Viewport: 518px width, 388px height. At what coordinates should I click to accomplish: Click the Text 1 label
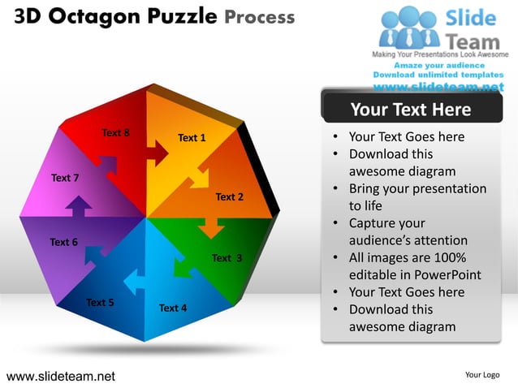(x=192, y=138)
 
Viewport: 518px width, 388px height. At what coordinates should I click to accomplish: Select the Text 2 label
(x=229, y=196)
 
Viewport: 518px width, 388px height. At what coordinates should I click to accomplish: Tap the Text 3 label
(x=227, y=258)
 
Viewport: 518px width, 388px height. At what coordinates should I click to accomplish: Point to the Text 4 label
(x=173, y=308)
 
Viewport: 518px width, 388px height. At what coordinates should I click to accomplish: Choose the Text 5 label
(x=100, y=303)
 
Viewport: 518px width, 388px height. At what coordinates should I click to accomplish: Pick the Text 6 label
(x=64, y=242)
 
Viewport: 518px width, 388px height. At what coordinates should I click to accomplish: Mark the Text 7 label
(x=65, y=177)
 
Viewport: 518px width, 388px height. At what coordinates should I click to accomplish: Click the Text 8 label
(x=115, y=131)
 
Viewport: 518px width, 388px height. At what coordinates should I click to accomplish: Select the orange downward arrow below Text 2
(x=211, y=227)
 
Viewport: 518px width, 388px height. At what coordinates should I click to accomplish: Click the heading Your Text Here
(x=410, y=110)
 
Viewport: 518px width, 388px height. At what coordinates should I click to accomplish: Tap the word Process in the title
(x=258, y=16)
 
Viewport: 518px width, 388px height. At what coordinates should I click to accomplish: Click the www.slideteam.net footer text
(x=61, y=376)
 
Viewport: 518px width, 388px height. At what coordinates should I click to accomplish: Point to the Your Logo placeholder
(x=482, y=375)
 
